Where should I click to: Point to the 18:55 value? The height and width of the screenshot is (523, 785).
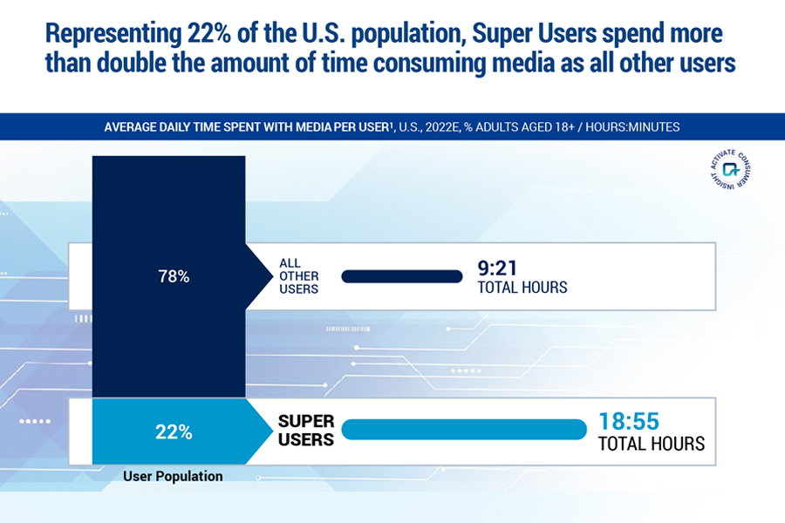tap(628, 421)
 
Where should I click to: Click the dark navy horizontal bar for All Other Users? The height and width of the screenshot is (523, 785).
tap(401, 277)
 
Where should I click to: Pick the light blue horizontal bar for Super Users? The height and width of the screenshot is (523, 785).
tap(463, 430)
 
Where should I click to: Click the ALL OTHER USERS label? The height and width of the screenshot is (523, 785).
tap(298, 275)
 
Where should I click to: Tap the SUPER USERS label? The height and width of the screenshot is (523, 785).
tap(306, 431)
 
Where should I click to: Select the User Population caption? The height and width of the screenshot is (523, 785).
tap(173, 477)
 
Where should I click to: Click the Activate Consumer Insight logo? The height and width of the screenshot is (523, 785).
tap(730, 169)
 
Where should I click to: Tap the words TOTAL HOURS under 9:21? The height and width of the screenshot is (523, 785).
tap(522, 287)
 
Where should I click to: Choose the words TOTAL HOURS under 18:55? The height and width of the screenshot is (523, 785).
tap(651, 444)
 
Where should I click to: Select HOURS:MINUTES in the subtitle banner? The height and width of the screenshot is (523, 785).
tap(633, 127)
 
